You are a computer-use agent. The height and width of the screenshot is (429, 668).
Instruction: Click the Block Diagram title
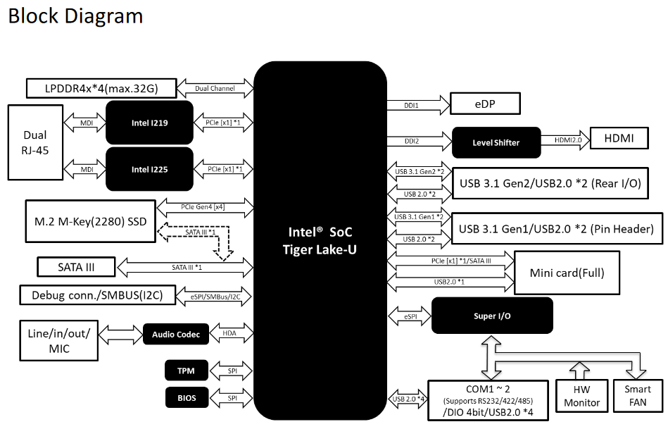pos(75,15)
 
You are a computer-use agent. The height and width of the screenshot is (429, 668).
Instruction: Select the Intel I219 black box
pos(149,123)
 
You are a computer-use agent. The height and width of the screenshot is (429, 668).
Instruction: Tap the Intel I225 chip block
pos(149,169)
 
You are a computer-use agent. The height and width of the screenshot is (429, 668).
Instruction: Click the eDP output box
pos(485,104)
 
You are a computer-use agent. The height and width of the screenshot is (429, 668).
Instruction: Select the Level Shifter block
pos(496,142)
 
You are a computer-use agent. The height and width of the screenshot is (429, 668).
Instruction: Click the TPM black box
pos(186,370)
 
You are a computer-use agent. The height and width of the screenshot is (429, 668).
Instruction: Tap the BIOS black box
pos(186,398)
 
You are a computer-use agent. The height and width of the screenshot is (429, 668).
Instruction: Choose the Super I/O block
pos(491,316)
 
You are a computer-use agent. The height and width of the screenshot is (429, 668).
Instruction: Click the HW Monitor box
pos(582,396)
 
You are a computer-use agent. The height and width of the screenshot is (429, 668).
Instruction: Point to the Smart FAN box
pos(638,396)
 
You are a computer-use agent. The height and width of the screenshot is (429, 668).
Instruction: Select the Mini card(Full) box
pos(567,273)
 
